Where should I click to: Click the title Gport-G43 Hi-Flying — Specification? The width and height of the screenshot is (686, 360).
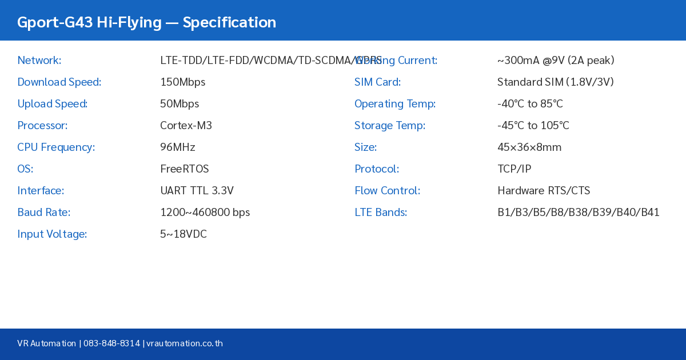146,22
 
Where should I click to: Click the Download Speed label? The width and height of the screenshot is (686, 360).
59,82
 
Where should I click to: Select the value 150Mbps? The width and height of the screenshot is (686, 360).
182,82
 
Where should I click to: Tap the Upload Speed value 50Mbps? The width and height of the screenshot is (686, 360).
180,103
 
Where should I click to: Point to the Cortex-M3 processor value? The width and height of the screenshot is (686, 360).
186,125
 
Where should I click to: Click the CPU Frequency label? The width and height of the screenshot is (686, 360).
56,147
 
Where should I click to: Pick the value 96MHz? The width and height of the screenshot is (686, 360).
177,147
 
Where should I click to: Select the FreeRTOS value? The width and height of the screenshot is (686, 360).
184,169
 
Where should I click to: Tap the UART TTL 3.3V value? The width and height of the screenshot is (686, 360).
197,190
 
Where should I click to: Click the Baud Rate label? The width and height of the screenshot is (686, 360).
43,212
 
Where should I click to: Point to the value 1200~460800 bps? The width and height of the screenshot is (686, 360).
205,212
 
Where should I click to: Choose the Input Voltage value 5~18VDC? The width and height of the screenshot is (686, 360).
183,234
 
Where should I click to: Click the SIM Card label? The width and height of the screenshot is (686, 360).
377,82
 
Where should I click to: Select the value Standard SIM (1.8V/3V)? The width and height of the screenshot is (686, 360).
555,82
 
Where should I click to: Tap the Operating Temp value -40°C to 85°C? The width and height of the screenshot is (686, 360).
530,103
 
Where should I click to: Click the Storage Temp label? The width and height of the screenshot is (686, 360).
389,125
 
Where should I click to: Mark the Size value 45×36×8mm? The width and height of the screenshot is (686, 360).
529,147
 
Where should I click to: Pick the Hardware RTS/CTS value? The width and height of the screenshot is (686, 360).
543,190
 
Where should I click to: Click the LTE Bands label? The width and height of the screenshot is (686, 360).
380,212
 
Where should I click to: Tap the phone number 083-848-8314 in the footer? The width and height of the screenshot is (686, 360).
111,343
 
